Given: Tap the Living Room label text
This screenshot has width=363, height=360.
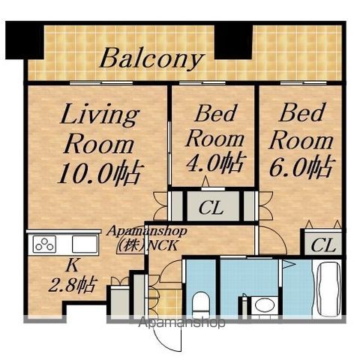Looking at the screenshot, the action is click(99, 130).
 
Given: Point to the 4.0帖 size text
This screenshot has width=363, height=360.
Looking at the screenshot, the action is click(214, 163).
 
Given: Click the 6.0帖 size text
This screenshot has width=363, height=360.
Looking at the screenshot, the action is click(301, 166).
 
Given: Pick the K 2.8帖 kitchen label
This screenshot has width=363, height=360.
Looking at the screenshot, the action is click(73, 276).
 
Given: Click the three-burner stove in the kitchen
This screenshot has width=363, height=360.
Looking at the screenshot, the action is click(44, 244).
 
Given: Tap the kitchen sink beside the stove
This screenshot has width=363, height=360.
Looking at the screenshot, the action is click(85, 244).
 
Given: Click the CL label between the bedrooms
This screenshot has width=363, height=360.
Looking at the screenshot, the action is click(211, 208).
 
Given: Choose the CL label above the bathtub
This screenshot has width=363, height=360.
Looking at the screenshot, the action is click(323, 245).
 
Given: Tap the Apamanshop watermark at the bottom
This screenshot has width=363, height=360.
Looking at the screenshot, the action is click(181, 322).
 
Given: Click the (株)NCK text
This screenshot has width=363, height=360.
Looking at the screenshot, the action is click(148, 245).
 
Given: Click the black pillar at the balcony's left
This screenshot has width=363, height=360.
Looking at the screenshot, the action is click(25, 40).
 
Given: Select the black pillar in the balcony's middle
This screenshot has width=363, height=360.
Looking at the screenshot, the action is click(233, 41).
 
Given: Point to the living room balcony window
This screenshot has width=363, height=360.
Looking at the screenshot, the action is click(101, 82).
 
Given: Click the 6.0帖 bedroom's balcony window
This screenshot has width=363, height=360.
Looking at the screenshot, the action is click(304, 82).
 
